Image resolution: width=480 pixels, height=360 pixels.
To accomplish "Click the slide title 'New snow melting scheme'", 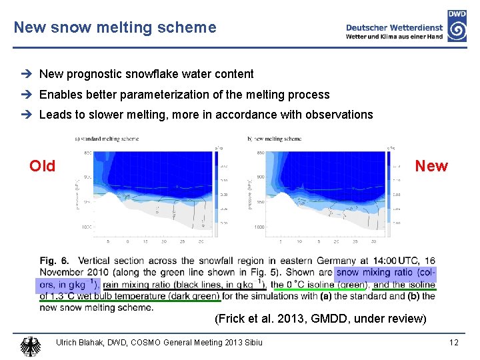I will [115, 27].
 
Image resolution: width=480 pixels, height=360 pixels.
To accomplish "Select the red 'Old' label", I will [43, 166].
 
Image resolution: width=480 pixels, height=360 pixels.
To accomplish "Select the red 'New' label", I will [431, 166].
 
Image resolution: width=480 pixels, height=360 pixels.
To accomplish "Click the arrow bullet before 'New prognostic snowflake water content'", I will [31, 74].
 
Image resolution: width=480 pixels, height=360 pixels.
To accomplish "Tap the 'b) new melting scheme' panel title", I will [274, 139].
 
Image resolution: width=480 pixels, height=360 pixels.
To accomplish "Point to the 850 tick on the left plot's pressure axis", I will [87, 153].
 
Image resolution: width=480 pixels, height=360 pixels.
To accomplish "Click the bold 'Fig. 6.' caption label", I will [55, 261].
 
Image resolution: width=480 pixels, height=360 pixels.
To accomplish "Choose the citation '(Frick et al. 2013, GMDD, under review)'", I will [320, 319].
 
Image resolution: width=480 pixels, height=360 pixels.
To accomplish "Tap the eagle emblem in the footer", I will [31, 345].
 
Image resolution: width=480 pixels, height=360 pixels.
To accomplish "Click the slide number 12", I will [453, 343].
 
